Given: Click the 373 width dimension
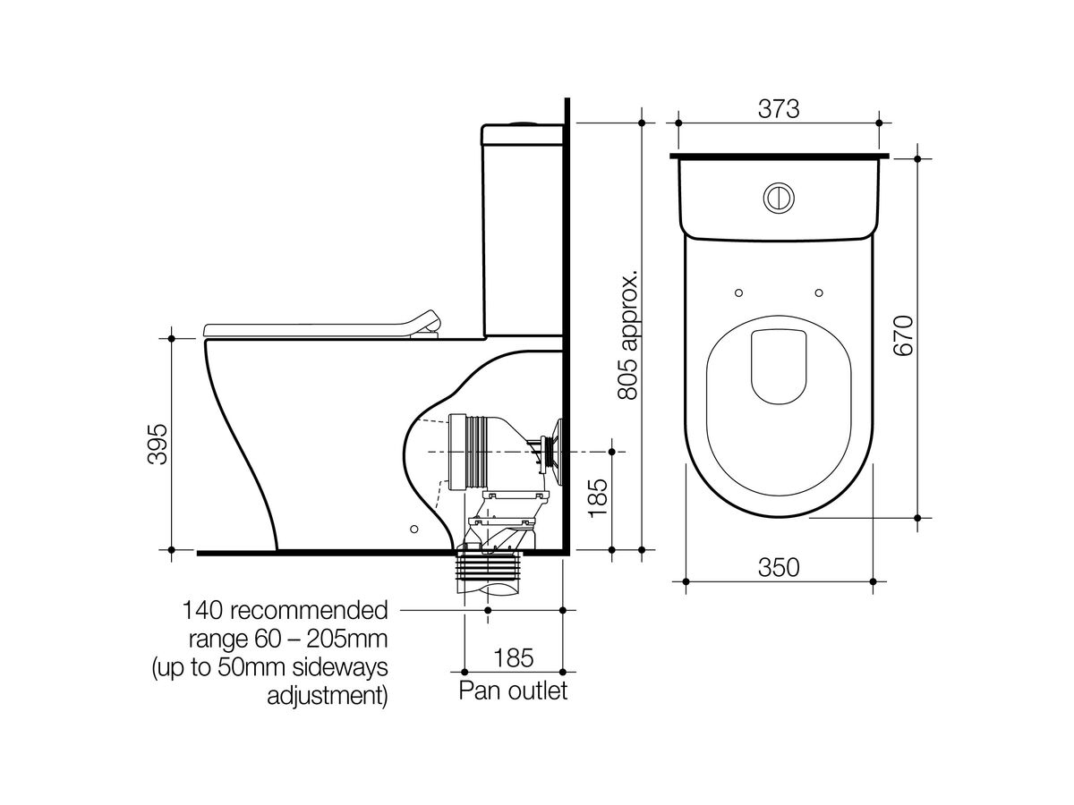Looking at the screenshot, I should coord(778,108).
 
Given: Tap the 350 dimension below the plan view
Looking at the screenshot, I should coord(779,566).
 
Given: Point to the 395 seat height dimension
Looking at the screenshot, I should coord(156,443).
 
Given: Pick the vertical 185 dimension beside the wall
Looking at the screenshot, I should coord(597,497).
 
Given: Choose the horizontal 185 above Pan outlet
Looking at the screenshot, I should coord(513,657).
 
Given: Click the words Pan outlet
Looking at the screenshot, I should coord(513,691).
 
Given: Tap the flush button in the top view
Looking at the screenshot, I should coord(777,198).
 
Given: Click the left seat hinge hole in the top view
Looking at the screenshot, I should coord(737,292).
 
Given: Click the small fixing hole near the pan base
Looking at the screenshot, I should coord(413,530).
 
